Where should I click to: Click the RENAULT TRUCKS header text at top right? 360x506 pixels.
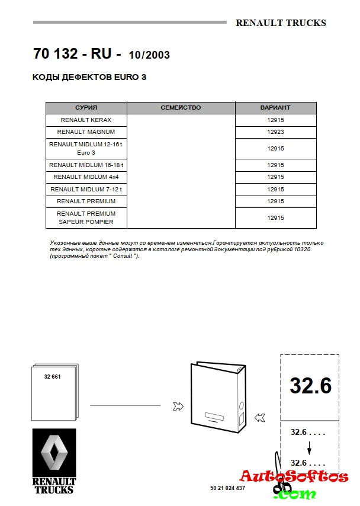(281, 23)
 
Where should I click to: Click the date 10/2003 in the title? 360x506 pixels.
(149, 55)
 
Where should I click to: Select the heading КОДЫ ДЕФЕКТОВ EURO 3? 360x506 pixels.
(89, 77)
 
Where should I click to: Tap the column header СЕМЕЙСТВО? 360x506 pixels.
(181, 108)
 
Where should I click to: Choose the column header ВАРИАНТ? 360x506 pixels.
(275, 108)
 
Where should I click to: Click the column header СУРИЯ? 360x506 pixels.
(86, 108)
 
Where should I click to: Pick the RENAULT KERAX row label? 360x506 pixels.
(86, 120)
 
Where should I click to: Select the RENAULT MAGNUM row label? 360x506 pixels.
(86, 132)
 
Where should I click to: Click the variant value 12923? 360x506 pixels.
(275, 132)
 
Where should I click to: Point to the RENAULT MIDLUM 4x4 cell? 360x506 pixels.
(86, 177)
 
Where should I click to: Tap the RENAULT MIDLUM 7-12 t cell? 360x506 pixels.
(86, 189)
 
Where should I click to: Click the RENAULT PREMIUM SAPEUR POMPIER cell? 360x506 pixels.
(86, 217)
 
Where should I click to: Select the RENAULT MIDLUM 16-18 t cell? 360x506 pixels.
(86, 165)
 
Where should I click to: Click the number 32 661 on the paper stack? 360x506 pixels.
(52, 377)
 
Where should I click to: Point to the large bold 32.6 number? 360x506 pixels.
(310, 386)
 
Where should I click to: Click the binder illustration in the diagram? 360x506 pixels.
(217, 396)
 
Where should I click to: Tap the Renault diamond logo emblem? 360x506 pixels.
(54, 453)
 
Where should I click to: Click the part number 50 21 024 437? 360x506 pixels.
(227, 488)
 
